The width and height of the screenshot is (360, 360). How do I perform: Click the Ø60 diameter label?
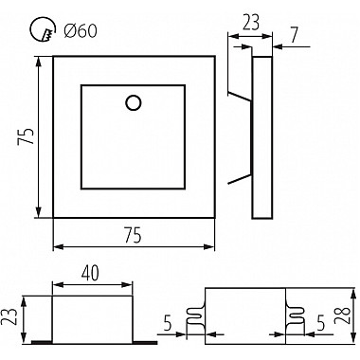[81, 31]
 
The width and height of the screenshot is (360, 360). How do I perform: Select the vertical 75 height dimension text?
[26, 136]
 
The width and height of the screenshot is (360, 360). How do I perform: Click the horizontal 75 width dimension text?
[134, 236]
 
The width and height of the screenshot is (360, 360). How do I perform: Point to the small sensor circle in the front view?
[133, 102]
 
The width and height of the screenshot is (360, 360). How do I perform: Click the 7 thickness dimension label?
[294, 34]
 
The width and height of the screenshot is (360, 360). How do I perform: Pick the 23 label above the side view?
[251, 23]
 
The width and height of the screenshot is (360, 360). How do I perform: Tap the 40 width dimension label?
[90, 273]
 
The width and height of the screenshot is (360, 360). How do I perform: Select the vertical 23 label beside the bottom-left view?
[9, 316]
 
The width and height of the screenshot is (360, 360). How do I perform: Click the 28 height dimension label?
[342, 315]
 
